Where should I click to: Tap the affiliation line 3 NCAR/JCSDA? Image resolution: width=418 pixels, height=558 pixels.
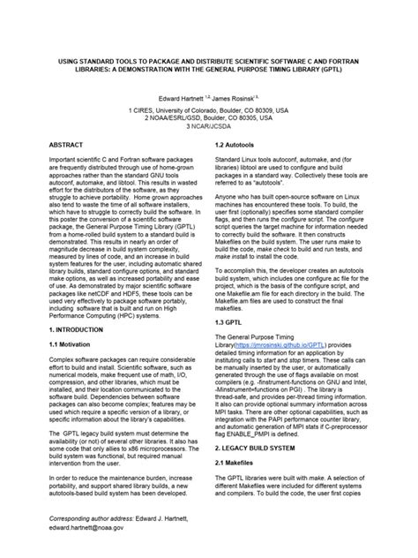point(210,124)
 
